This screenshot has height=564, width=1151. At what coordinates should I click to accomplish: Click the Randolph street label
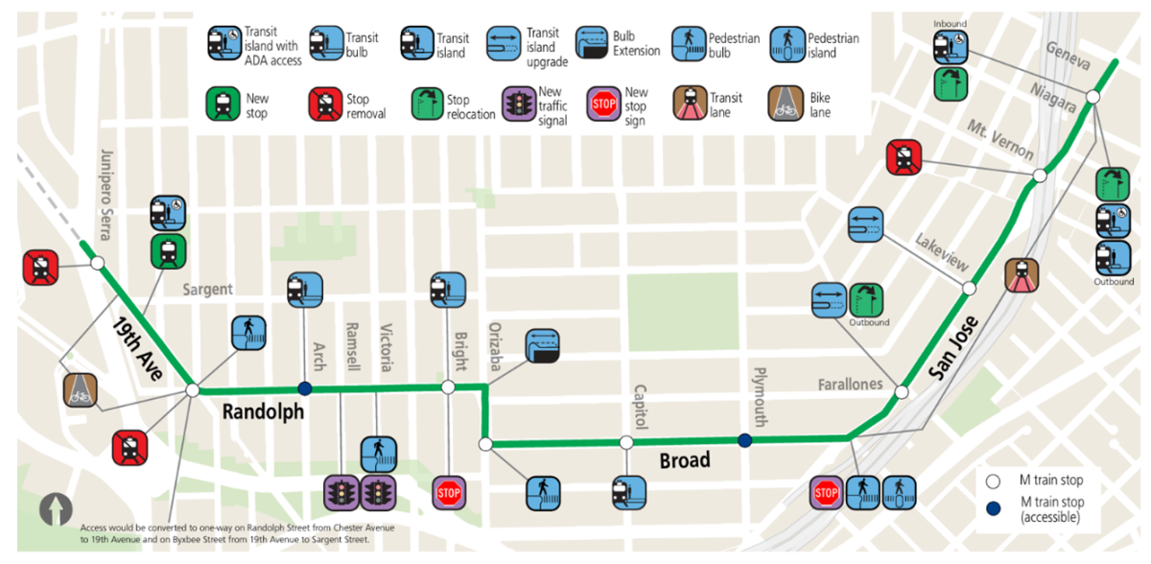click(264, 412)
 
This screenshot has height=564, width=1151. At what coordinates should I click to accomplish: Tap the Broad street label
click(685, 460)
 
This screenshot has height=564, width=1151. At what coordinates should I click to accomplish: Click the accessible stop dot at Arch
click(305, 388)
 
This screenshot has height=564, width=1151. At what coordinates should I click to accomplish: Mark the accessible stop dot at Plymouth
click(744, 441)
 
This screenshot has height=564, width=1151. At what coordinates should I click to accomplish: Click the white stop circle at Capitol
click(626, 442)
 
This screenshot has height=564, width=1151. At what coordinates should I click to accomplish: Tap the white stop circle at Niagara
click(1092, 98)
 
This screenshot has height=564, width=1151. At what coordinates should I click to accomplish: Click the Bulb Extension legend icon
click(593, 44)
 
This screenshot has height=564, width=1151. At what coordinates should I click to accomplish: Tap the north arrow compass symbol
click(56, 508)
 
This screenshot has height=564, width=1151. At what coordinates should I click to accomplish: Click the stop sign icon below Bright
click(448, 493)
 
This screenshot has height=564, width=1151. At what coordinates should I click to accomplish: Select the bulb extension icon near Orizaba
click(542, 347)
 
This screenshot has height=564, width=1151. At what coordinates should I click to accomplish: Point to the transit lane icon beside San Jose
click(1022, 275)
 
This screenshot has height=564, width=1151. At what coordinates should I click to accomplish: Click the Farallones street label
click(850, 385)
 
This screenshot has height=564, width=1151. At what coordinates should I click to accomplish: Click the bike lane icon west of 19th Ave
click(81, 389)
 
